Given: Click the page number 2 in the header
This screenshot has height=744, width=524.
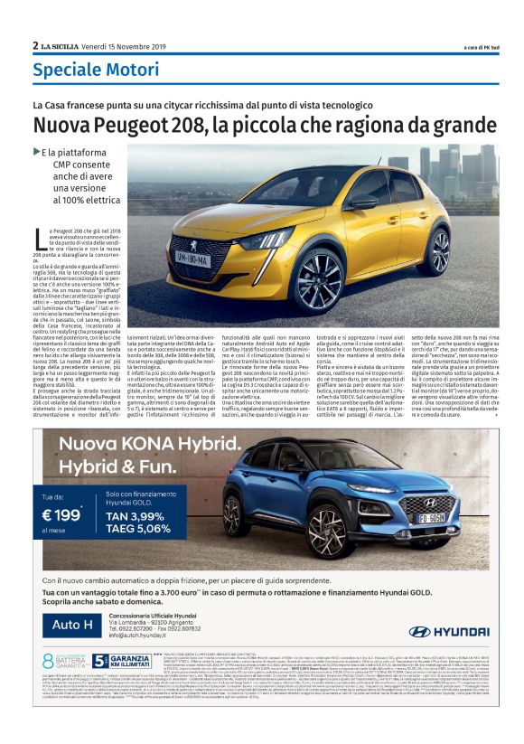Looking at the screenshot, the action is tap(35, 45).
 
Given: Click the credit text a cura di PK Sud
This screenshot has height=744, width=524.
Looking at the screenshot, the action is tap(464, 47).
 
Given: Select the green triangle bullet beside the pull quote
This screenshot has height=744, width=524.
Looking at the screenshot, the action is tap(36, 151).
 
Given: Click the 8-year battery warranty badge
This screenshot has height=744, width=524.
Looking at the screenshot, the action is tap(61, 661).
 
